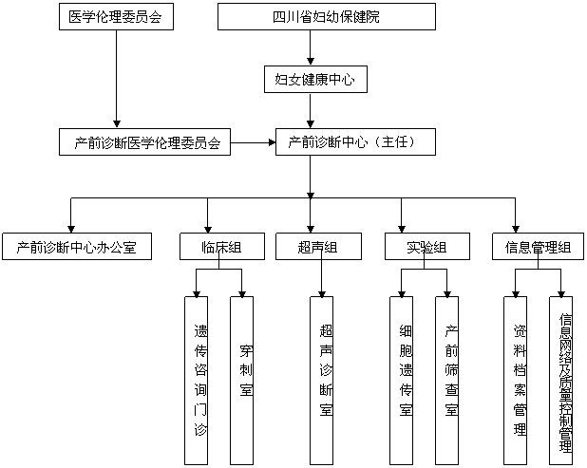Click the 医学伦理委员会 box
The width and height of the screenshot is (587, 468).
tap(115, 17)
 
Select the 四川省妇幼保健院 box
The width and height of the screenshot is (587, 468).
tap(326, 17)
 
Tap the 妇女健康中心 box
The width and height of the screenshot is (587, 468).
tap(314, 80)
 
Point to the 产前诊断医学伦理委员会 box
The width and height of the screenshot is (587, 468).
tap(147, 143)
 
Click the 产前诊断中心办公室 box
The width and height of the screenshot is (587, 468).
tap(76, 248)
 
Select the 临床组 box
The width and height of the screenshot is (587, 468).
tap(221, 248)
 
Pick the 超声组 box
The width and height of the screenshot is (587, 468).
tap(317, 248)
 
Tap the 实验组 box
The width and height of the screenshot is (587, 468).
tap(426, 248)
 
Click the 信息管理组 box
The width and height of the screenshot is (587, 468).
tap(538, 248)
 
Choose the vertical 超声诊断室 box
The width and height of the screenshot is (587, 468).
tap(326, 380)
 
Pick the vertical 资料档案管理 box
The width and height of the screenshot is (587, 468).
tap(520, 380)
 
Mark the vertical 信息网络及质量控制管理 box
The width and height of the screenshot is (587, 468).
tap(565, 380)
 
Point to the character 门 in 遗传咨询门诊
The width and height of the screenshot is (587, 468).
tap(199, 410)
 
